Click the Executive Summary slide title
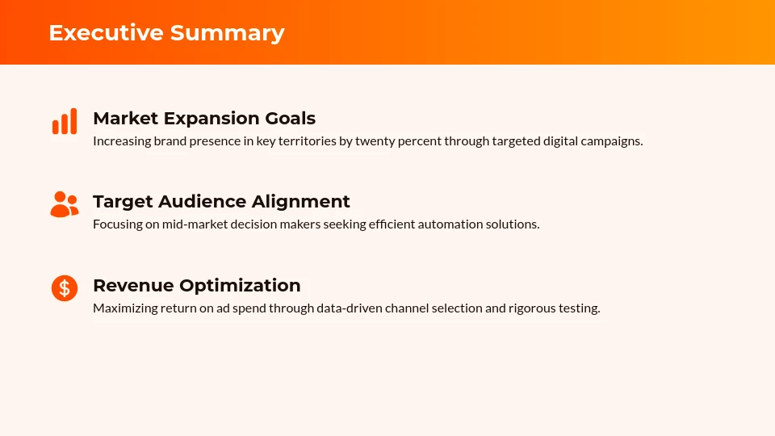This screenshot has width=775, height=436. (166, 32)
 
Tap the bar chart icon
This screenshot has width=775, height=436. (65, 121)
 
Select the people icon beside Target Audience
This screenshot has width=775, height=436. (65, 204)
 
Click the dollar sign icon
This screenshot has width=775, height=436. (65, 287)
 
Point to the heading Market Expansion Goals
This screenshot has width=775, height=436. (204, 119)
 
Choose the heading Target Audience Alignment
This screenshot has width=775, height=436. (221, 202)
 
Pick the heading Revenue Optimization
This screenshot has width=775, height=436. (196, 286)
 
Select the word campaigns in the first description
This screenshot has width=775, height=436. (614, 141)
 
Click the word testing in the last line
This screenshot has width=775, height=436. (580, 308)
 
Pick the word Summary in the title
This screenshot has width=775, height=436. (227, 32)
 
